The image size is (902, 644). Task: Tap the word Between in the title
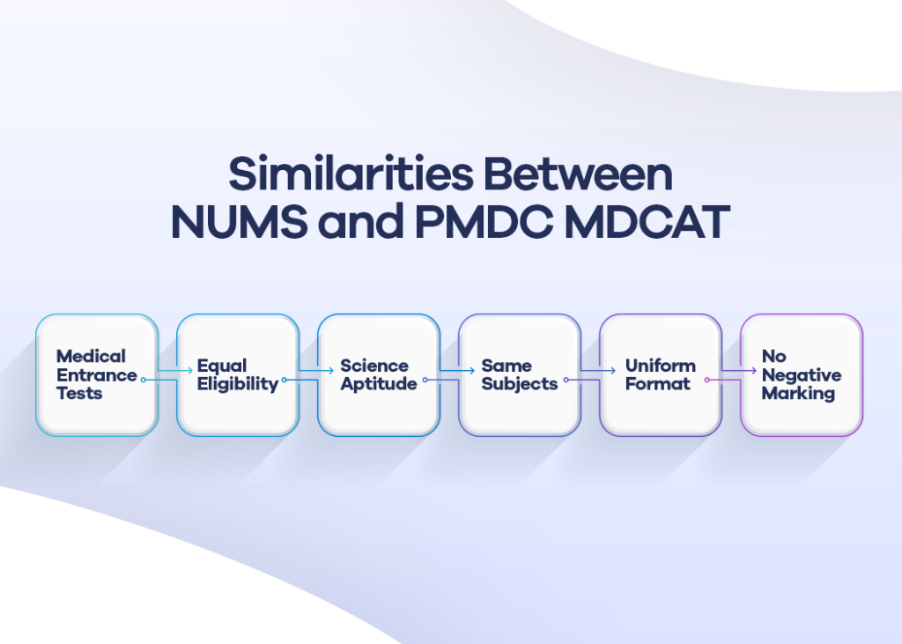click(581, 175)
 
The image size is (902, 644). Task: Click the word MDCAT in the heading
click(647, 223)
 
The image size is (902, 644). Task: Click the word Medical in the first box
click(91, 356)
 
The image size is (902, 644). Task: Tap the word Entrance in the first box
click(97, 374)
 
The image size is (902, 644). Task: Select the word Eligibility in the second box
click(237, 384)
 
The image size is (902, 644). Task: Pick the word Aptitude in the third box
click(379, 384)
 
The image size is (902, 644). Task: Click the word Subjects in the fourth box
click(520, 384)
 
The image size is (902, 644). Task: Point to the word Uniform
click(661, 365)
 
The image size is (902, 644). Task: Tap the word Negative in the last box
click(802, 374)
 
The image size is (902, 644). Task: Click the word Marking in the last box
click(798, 393)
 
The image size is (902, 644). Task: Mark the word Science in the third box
click(374, 365)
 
